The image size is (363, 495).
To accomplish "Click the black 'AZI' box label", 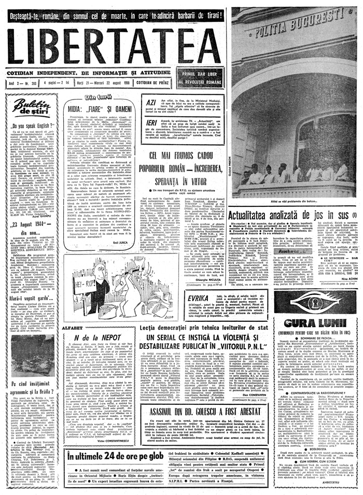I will coord(151,104).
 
